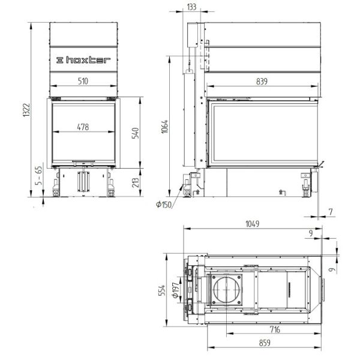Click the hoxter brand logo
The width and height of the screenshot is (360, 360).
pos(83,60)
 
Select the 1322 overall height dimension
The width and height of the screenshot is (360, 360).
pos(26,110)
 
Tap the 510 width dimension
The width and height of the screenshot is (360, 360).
pos(83,81)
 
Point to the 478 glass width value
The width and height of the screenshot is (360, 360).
pos(83,127)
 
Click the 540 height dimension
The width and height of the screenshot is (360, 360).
pos(136,133)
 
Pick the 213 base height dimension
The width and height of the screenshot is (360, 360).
pos(136,182)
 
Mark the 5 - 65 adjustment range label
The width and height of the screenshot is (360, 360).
pos(39,176)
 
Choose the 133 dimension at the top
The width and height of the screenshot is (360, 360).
pos(191,7)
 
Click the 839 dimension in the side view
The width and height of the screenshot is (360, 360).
pos(262,81)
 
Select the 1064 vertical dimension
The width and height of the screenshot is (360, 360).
pos(165,127)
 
